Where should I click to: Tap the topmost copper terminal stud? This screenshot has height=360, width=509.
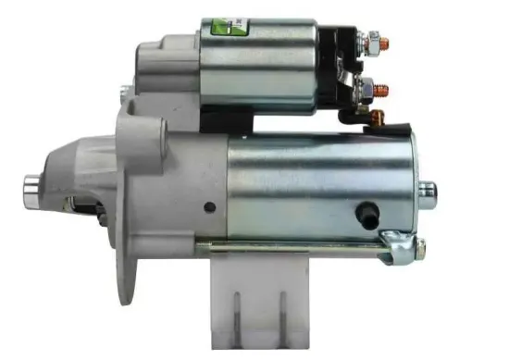click(x=385, y=43)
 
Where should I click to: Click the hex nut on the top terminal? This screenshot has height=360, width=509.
click(x=372, y=42)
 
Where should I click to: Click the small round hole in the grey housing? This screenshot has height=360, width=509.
click(x=210, y=207)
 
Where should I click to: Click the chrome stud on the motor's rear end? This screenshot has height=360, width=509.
click(x=427, y=191)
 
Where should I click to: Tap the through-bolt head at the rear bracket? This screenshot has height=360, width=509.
click(x=419, y=247)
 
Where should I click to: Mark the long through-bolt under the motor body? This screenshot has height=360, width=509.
click(x=296, y=246)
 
